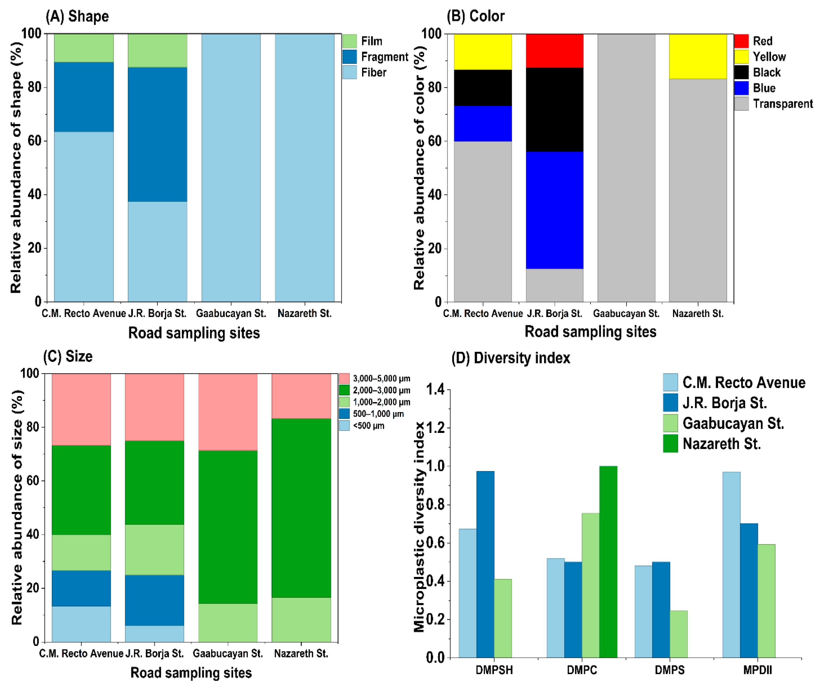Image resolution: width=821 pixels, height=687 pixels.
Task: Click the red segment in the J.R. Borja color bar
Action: [x=554, y=51]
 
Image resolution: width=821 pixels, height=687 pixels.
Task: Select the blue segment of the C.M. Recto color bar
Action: [x=482, y=124]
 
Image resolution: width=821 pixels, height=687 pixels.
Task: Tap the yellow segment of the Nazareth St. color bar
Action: [x=698, y=56]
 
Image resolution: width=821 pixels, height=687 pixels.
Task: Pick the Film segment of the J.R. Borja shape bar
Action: [x=158, y=50]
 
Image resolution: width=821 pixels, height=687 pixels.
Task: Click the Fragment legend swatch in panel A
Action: [x=350, y=57]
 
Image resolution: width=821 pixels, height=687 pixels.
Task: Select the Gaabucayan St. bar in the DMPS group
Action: [x=679, y=634]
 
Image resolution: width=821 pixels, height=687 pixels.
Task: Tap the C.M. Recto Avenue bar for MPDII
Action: [x=732, y=565]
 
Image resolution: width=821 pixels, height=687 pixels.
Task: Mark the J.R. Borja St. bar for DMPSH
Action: [x=485, y=565]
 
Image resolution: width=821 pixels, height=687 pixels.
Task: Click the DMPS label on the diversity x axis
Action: [x=670, y=670]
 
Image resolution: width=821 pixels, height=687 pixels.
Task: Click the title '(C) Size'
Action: [x=68, y=357]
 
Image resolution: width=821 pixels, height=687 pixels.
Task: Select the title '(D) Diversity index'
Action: [x=511, y=358]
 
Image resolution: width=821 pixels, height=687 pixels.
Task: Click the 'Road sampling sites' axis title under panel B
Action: [x=590, y=331]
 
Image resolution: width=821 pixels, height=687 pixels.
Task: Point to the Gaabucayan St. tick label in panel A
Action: [x=231, y=313]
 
